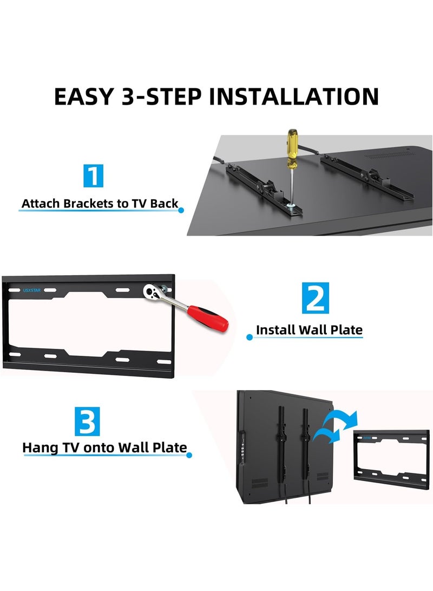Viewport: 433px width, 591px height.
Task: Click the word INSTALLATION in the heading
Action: [x=293, y=96]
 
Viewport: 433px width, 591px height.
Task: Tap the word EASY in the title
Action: [x=84, y=96]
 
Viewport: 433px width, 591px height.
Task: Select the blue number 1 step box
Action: [x=94, y=176]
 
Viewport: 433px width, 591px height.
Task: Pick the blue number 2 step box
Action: [x=316, y=298]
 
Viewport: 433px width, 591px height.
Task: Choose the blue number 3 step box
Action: [x=87, y=421]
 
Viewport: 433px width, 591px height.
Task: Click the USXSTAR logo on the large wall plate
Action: [x=31, y=290]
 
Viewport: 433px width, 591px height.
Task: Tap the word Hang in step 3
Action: [x=40, y=448]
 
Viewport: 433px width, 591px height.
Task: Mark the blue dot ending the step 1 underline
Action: [x=181, y=210]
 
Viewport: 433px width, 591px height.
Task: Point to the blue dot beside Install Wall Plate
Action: [x=250, y=337]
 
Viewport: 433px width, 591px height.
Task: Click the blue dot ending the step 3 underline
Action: [x=189, y=455]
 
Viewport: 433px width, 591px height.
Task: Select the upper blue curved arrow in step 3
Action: [x=341, y=417]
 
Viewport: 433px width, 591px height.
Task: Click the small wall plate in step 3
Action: [x=391, y=459]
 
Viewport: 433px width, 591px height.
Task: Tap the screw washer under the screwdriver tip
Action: [x=290, y=206]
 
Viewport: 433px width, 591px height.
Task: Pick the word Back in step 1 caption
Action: [x=164, y=204]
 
